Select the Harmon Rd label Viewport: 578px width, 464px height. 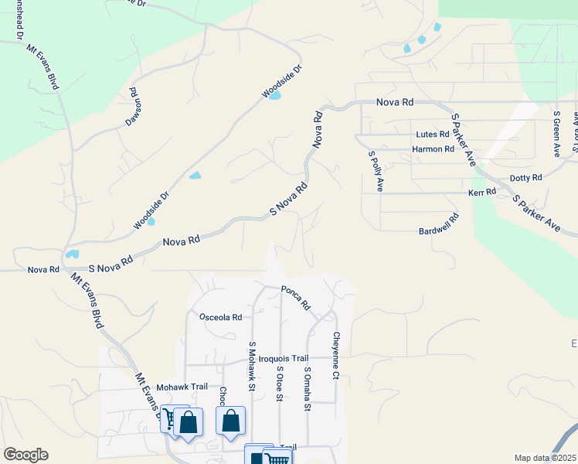coord(433,149)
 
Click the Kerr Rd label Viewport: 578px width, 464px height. coord(481,192)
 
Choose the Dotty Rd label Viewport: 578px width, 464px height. coord(526,177)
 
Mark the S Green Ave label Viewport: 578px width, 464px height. coord(556,134)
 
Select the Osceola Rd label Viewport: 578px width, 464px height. coord(220,317)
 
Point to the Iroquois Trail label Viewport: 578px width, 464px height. coord(283,358)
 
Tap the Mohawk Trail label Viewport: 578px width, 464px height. coord(182,387)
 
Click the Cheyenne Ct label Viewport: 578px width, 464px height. coord(336,356)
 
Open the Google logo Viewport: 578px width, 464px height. coord(25,455)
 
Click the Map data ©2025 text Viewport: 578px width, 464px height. coord(545,458)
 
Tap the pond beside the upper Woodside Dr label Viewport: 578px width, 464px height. coord(274,96)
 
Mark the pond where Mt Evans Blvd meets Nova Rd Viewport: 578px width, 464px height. coord(72,254)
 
